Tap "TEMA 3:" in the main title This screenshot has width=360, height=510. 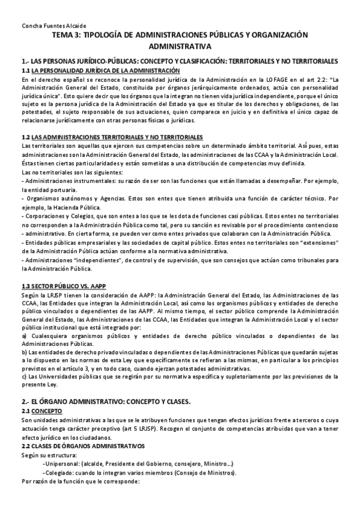tap(66, 36)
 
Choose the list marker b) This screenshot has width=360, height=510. tap(24, 352)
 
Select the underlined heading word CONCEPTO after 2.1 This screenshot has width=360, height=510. tap(46, 410)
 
